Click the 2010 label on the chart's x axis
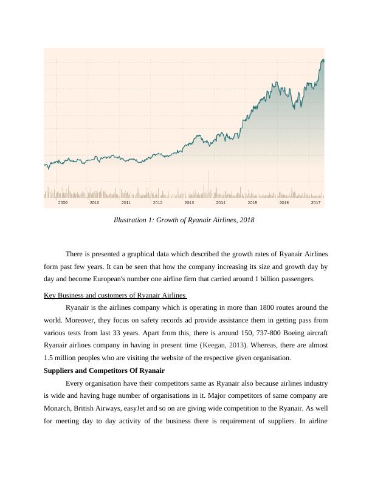tap(94, 203)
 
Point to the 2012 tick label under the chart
tap(157, 203)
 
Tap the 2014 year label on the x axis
tap(221, 203)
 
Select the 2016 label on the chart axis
tap(284, 203)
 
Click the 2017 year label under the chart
tap(315, 203)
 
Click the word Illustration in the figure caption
tap(131, 220)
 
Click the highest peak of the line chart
tap(322, 60)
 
